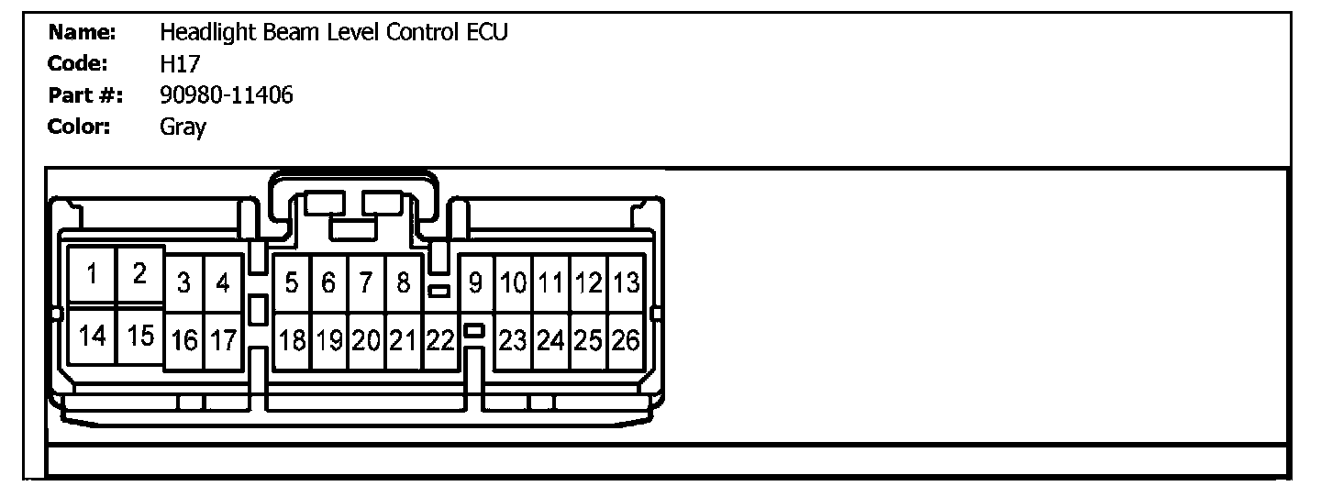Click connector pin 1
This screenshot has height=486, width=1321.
(93, 274)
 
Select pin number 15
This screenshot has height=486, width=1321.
(140, 336)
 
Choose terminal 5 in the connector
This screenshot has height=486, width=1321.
(292, 283)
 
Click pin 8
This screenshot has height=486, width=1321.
(328, 283)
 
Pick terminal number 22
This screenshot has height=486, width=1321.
(365, 283)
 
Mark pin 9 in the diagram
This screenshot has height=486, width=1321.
(403, 283)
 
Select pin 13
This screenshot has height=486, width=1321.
(475, 283)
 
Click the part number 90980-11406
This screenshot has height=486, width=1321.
(227, 95)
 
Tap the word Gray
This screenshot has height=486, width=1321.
(183, 127)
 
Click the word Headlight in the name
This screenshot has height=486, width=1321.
(203, 33)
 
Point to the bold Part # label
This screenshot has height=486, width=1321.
(86, 95)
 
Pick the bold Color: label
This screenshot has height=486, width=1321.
(79, 127)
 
